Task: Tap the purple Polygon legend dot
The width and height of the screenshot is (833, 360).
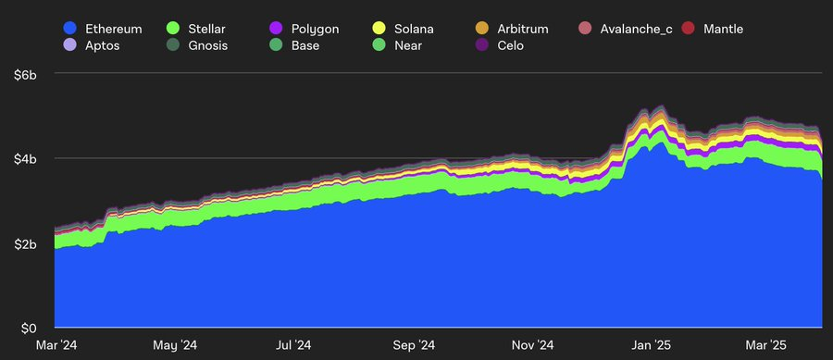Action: pyautogui.click(x=273, y=29)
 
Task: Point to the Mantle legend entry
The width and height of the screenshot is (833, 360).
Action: pyautogui.click(x=722, y=29)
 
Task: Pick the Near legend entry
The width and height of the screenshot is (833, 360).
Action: pyautogui.click(x=409, y=45)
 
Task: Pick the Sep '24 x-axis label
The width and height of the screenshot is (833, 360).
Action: pyautogui.click(x=413, y=345)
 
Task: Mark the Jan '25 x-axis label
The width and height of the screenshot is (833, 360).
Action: pyautogui.click(x=651, y=345)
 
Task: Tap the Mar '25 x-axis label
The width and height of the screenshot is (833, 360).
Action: pyautogui.click(x=767, y=345)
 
